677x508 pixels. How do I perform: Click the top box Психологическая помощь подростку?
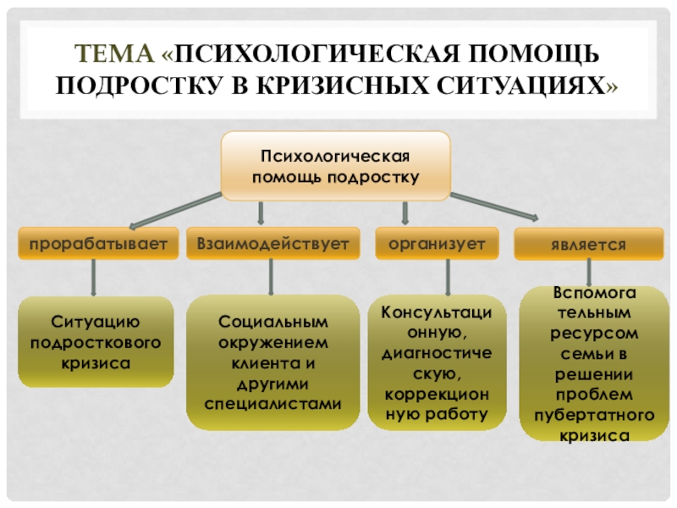point(335,167)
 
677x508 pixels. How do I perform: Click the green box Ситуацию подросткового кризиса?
point(95,342)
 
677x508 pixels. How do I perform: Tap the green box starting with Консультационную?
point(438,362)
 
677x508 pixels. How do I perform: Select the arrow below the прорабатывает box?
point(93,277)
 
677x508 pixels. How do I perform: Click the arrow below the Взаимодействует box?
point(272,276)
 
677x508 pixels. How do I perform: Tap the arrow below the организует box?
point(447,276)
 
